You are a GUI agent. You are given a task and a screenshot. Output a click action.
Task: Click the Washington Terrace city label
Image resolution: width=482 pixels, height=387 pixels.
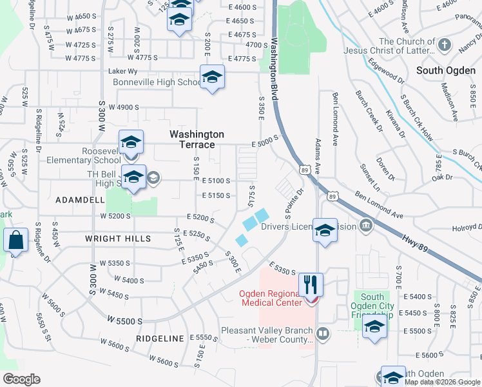tap(197, 139)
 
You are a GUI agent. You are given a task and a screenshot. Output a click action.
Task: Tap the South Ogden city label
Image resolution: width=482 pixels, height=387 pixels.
tap(446, 70)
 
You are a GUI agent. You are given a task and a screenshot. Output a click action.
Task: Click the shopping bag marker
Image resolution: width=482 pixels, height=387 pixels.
tap(15, 241)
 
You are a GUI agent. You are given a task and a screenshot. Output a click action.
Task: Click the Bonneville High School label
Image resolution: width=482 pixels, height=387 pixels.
tap(157, 83)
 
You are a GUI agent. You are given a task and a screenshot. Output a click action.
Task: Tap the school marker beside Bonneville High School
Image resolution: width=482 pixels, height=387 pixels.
tap(212, 78)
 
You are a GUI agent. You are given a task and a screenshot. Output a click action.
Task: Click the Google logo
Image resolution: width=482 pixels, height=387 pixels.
tap(21, 379)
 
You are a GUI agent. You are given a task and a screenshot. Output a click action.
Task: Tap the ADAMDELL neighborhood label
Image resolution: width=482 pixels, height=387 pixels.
tap(80, 201)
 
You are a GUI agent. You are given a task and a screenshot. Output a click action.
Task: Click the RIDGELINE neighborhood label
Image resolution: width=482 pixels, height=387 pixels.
tap(160, 338)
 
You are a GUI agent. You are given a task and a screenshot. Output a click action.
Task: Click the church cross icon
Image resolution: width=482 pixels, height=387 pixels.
tap(444, 45)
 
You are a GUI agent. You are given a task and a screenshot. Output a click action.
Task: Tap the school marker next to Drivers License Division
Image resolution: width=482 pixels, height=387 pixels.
tap(325, 230)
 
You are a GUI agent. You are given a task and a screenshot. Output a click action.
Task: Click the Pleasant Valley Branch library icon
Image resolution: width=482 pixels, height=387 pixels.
tap(322, 334)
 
